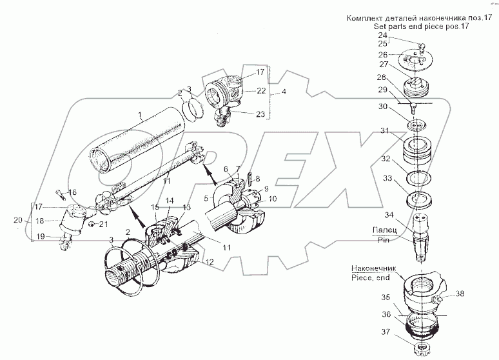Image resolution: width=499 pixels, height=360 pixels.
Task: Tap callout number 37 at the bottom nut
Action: [x=384, y=333]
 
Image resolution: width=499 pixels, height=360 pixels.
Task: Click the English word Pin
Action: [x=386, y=238]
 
